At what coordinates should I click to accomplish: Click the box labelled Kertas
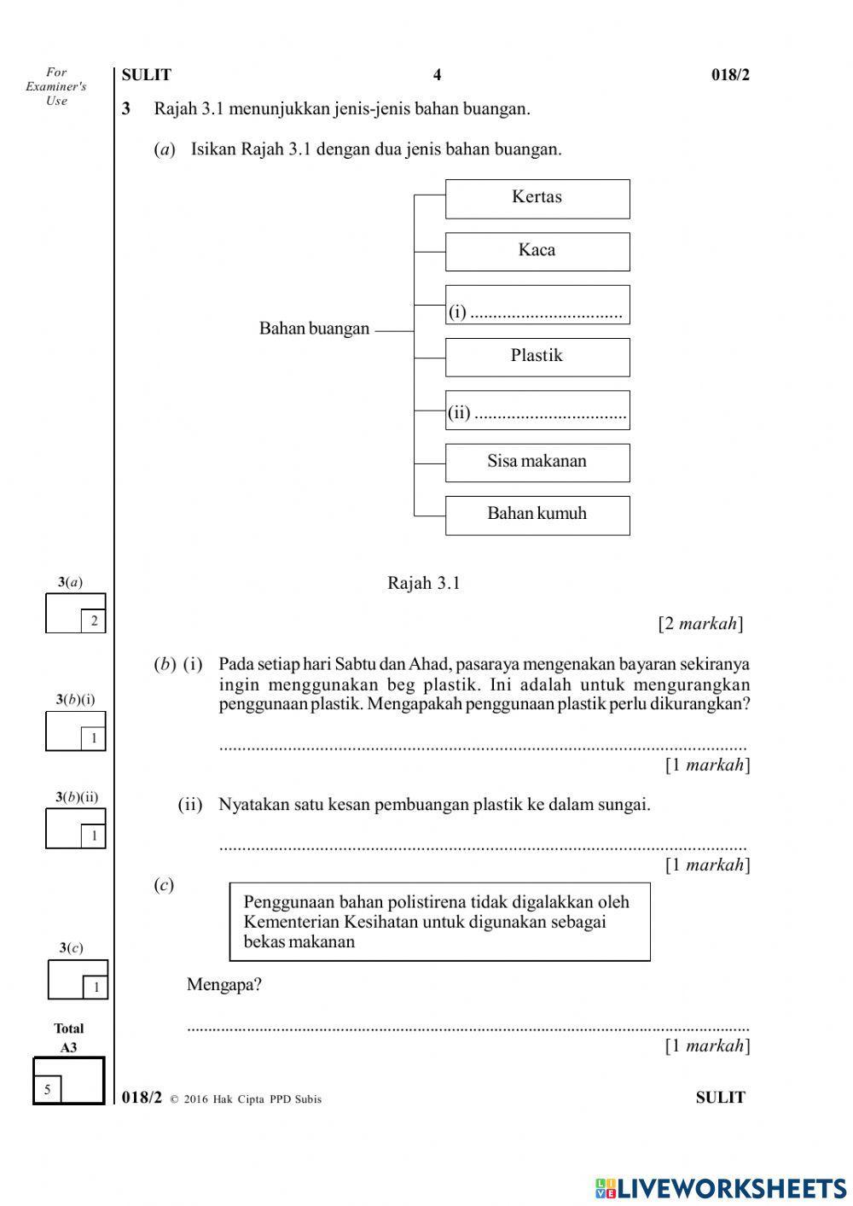[x=537, y=199]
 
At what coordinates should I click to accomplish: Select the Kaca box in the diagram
[x=537, y=252]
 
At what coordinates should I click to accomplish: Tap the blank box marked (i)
[x=537, y=305]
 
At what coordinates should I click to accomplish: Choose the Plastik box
[x=537, y=357]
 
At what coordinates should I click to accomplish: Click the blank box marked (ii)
[x=537, y=411]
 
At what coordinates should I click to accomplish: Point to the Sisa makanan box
[x=537, y=463]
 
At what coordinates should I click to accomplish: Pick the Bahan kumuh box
[x=537, y=516]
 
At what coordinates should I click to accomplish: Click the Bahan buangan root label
[x=314, y=329]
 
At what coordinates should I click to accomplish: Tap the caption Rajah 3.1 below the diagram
[x=423, y=583]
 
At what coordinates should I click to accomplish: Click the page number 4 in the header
[x=437, y=75]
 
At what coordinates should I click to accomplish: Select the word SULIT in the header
[x=147, y=75]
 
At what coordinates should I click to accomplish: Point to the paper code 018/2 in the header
[x=730, y=75]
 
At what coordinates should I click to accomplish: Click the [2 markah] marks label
[x=700, y=624]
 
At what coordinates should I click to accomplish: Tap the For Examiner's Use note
[x=56, y=86]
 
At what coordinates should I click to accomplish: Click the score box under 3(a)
[x=75, y=614]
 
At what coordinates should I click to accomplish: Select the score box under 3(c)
[x=78, y=979]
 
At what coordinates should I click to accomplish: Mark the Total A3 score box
[x=68, y=1081]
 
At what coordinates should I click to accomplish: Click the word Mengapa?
[x=224, y=985]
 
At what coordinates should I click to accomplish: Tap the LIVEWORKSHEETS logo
[x=721, y=1187]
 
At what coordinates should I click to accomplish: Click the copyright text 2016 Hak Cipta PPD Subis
[x=252, y=1099]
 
